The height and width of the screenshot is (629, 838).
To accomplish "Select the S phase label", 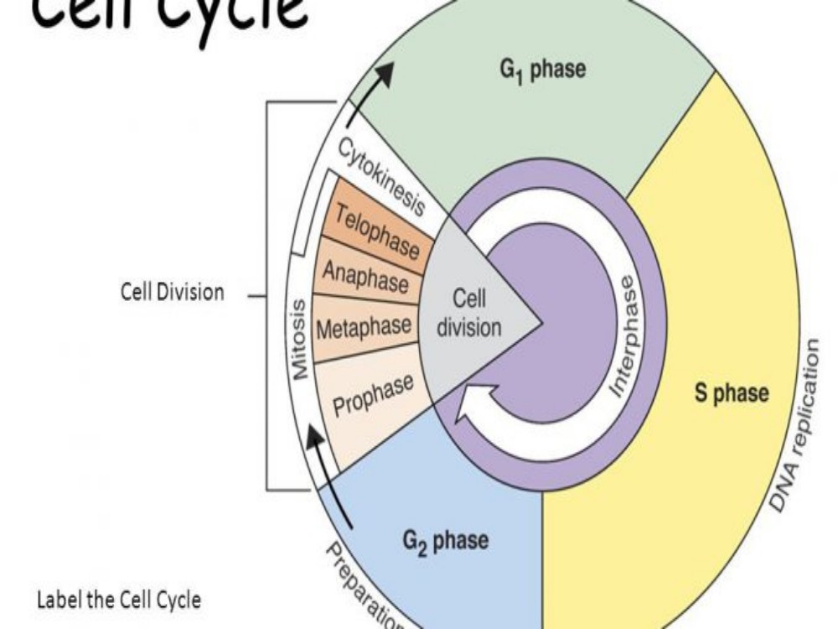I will coord(732,393).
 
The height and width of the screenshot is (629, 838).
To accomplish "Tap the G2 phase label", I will coord(445,539).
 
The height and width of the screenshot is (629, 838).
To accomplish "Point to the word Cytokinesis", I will coord(381,177).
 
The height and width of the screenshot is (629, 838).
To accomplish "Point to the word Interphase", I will coord(623,343).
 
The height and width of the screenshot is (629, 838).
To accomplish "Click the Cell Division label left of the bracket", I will coord(173,293).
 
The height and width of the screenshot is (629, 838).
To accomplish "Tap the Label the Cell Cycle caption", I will coord(119,600).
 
